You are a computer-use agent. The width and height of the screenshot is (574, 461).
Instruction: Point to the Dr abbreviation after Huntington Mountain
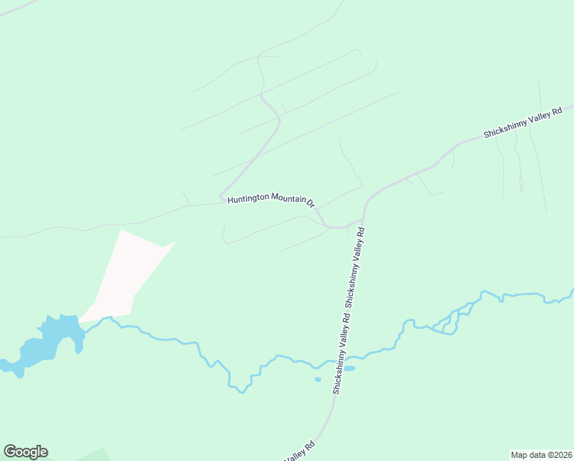311,204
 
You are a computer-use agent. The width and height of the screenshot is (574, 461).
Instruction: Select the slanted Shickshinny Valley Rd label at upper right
527,122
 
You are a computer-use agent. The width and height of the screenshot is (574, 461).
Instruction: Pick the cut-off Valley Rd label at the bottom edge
300,453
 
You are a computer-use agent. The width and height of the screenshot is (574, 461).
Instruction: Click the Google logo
25,452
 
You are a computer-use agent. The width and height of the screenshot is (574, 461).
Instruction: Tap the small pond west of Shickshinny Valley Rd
318,379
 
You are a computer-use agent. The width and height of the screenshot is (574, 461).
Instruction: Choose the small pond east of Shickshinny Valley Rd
349,369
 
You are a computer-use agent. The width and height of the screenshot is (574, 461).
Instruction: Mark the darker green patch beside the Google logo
84,454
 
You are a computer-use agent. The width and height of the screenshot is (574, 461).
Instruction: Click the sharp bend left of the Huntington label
222,197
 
